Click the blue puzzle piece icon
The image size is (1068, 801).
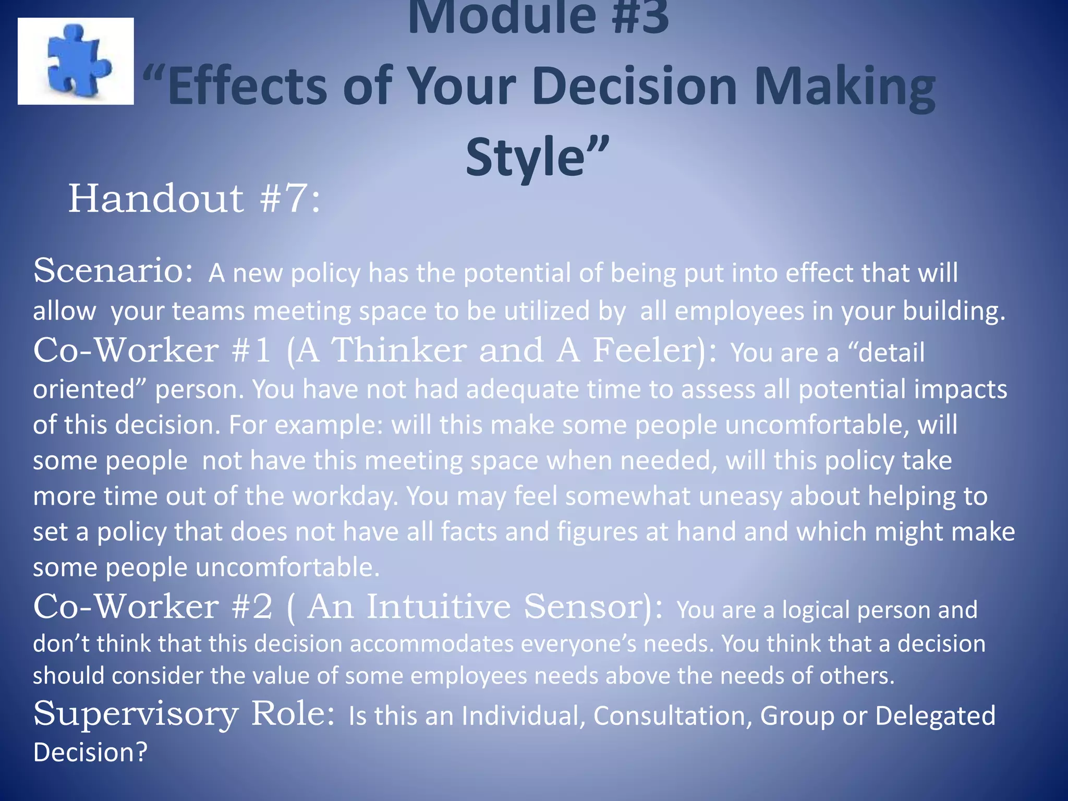point(77,62)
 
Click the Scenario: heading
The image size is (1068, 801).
point(113,271)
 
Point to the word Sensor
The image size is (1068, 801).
point(587,606)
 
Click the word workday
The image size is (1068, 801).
point(345,496)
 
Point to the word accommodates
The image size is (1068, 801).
point(432,644)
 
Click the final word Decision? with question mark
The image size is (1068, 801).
point(90,752)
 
